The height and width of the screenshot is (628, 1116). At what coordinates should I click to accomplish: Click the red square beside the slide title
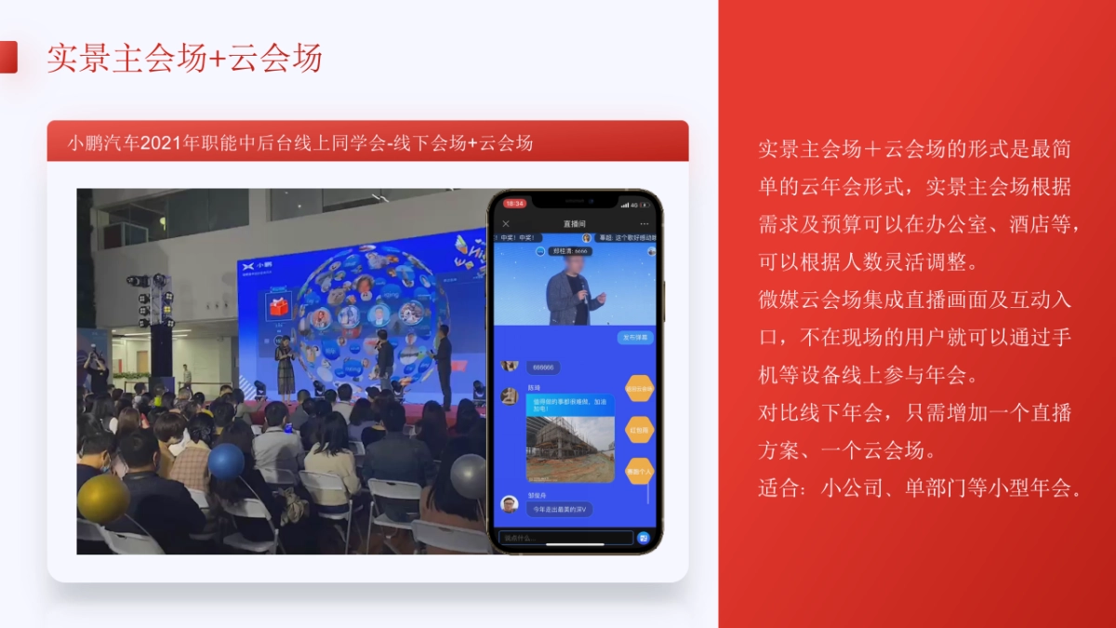click(7, 57)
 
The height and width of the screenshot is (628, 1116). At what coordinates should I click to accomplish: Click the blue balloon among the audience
click(226, 461)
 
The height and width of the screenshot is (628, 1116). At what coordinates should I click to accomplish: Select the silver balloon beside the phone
click(469, 476)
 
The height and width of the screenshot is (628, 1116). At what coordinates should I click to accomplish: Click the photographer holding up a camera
click(95, 368)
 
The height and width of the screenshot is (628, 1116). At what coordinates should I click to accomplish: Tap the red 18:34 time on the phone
click(515, 203)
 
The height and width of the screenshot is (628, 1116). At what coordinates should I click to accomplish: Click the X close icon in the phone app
click(506, 224)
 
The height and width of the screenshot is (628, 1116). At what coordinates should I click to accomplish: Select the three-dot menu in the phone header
click(644, 224)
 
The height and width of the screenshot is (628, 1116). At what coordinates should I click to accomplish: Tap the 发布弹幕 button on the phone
click(636, 338)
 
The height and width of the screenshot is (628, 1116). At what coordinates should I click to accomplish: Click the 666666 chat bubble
click(543, 367)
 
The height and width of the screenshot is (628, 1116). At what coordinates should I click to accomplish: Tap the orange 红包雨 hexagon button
click(639, 430)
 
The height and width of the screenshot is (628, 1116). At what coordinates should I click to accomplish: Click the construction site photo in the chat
click(570, 448)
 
